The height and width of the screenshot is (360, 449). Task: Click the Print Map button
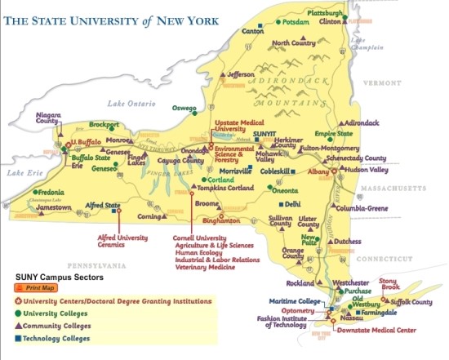tap(35, 288)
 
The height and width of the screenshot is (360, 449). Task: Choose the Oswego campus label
tap(184, 108)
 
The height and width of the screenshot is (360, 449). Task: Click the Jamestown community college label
tap(54, 207)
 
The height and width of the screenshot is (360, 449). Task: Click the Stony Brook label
tap(389, 284)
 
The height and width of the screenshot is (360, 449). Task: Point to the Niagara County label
tap(51, 120)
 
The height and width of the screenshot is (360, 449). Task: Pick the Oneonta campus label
tap(285, 189)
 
